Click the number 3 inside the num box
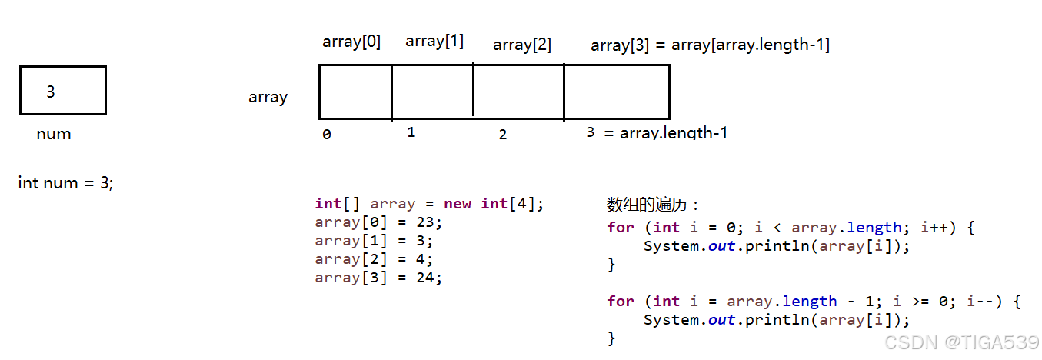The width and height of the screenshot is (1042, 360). click(51, 92)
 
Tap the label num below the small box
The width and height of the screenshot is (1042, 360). click(54, 134)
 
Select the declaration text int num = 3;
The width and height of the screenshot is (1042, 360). click(65, 183)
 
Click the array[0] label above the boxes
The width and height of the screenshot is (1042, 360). click(351, 42)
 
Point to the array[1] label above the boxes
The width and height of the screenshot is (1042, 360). click(434, 41)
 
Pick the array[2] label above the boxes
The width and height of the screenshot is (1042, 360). click(522, 45)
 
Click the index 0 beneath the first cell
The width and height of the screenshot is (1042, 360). click(327, 135)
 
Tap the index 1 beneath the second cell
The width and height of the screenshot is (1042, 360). click(411, 132)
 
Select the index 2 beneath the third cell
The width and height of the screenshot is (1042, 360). click(503, 135)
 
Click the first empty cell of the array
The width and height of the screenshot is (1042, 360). click(355, 92)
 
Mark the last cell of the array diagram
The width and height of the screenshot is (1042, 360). click(616, 92)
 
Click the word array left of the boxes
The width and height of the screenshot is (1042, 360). click(268, 98)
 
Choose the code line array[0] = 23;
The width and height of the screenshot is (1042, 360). click(379, 222)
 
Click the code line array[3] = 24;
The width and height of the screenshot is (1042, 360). click(379, 278)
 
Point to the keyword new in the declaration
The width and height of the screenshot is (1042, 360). click(458, 204)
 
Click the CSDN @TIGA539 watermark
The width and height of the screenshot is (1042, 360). click(961, 342)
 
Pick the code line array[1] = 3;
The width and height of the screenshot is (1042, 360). click(375, 241)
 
